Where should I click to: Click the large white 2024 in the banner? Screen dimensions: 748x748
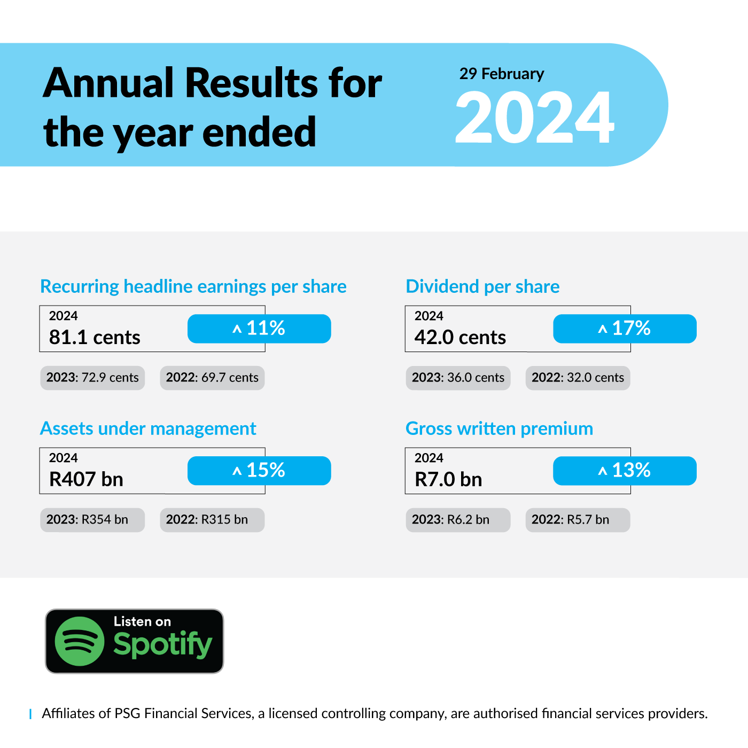534,117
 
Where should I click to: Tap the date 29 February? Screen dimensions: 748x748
502,74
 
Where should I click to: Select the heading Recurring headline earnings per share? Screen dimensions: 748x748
193,287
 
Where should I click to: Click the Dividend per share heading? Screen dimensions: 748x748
482,287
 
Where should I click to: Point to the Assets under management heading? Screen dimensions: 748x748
148,429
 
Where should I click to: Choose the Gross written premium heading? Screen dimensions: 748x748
499,429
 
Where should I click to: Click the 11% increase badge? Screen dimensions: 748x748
259,329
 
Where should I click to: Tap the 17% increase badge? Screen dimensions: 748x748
625,329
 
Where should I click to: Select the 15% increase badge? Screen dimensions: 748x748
259,471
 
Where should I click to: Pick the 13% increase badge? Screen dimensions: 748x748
625,471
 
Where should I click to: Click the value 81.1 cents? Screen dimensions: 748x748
95,337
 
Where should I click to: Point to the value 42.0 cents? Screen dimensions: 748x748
460,337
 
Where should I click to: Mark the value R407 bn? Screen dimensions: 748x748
86,479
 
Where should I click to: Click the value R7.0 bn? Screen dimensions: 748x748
448,479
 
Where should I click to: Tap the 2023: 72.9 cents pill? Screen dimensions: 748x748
92,378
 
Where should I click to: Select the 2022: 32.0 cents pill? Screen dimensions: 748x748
578,378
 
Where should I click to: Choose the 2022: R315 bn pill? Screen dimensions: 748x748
212,520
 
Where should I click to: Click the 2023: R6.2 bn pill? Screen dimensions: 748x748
458,520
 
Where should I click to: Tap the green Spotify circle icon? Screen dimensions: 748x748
80,641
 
